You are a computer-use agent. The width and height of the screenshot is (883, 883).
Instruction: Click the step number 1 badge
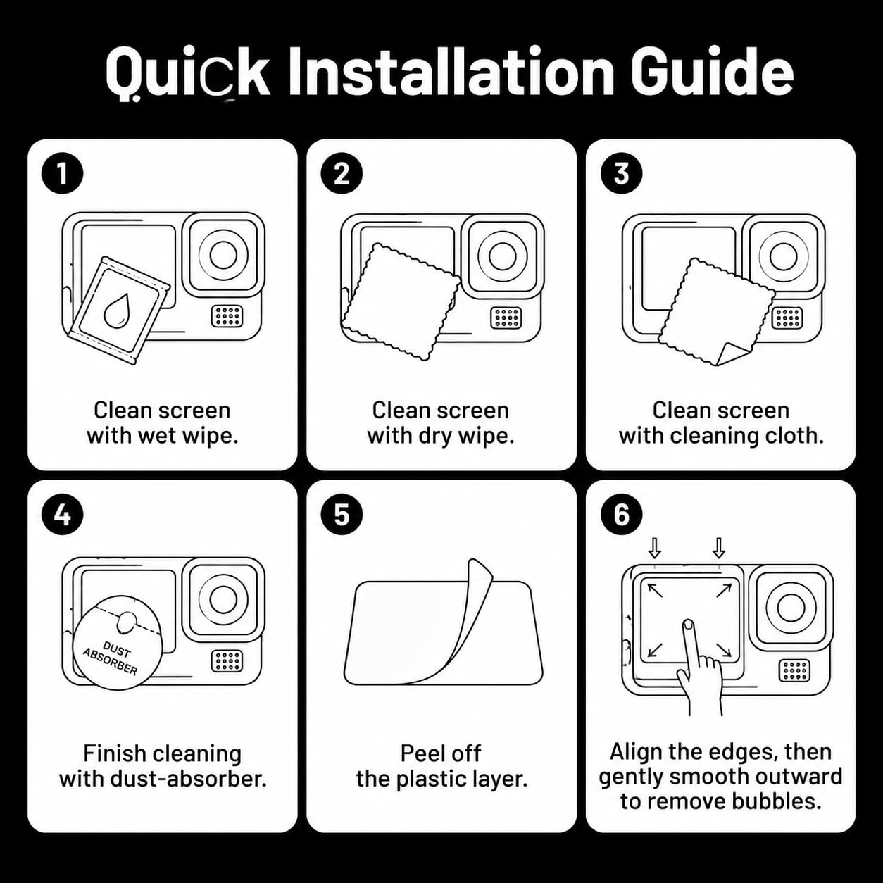click(63, 174)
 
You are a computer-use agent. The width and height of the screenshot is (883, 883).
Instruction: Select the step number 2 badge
click(342, 174)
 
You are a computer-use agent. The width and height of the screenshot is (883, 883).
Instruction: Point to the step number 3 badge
click(621, 174)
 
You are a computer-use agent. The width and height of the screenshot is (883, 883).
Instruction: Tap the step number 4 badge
click(63, 515)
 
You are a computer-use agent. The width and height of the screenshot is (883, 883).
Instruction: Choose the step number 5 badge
click(342, 515)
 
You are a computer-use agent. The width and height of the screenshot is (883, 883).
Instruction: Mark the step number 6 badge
click(621, 515)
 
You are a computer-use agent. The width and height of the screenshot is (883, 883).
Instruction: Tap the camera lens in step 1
click(223, 256)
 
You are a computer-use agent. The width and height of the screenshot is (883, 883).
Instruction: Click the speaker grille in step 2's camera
click(506, 317)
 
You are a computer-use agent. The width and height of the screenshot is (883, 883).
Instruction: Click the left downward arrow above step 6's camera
click(655, 548)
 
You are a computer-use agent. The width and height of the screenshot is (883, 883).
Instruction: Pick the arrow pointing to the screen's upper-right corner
click(724, 591)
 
